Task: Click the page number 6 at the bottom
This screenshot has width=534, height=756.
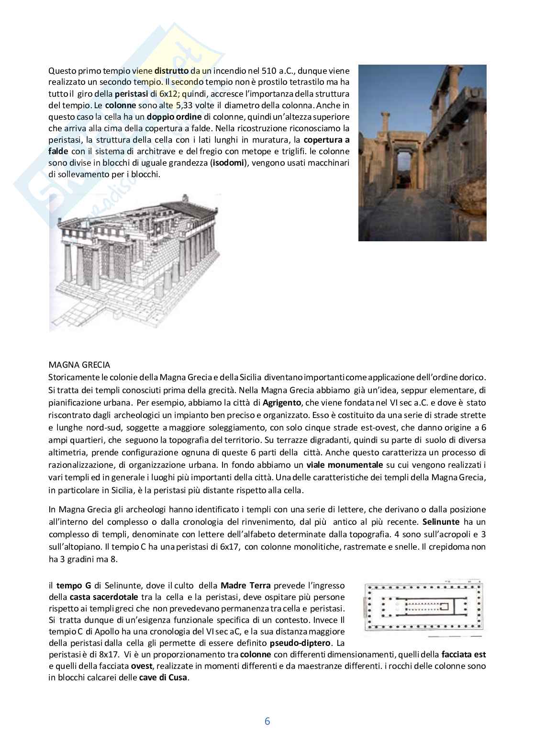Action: pos(267,721)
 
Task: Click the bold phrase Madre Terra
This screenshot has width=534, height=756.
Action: pos(245,586)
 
